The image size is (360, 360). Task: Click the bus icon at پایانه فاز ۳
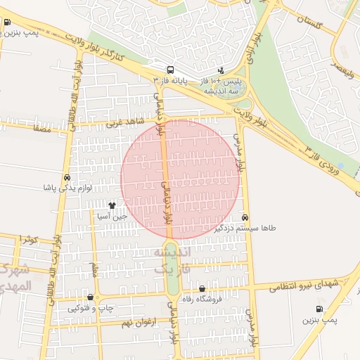(170, 70)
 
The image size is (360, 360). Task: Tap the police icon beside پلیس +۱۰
(221, 70)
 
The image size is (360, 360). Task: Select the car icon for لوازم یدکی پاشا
(67, 178)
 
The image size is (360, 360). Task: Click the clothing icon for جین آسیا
(112, 206)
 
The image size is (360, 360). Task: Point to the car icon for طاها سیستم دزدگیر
(245, 217)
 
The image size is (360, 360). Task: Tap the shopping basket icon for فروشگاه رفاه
(202, 288)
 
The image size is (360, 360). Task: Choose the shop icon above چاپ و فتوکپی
(89, 297)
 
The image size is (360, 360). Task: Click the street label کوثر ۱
(29, 239)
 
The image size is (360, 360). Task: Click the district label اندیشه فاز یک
(172, 259)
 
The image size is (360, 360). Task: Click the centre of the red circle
(180, 179)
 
